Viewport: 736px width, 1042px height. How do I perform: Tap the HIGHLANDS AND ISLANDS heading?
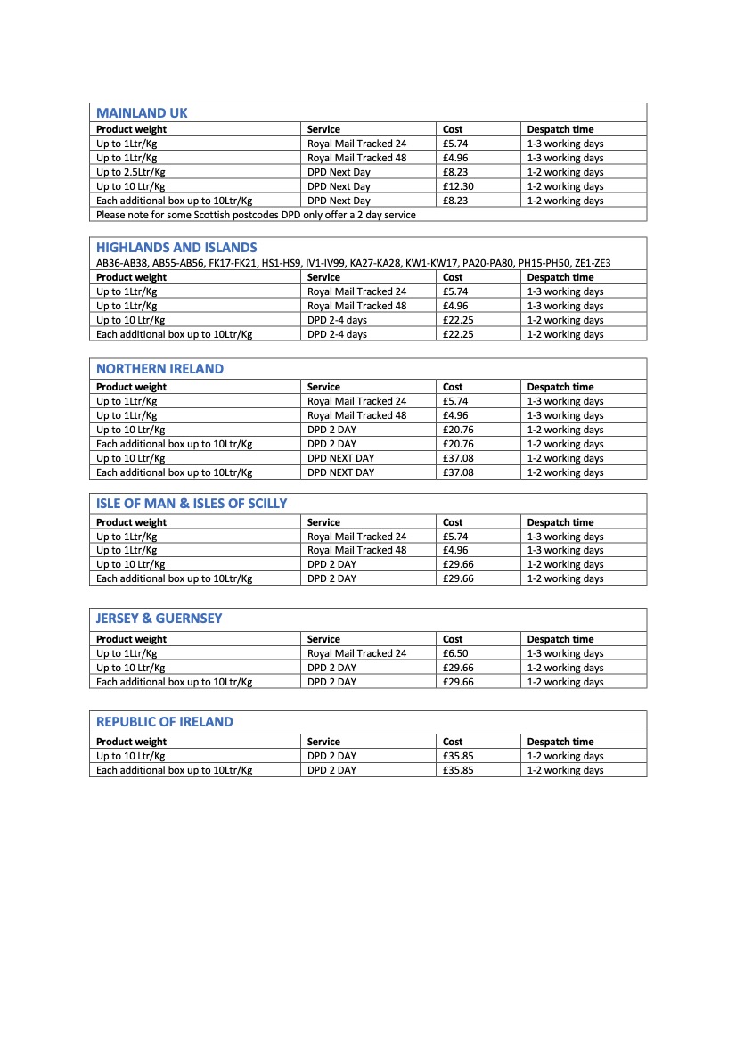[x=176, y=248]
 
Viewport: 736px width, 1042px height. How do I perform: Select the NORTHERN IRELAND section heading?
[x=159, y=369]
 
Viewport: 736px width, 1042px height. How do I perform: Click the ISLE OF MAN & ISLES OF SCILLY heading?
[x=192, y=504]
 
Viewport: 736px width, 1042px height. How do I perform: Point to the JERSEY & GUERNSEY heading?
[x=159, y=619]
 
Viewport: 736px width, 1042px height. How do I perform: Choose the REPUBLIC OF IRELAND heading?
[x=164, y=722]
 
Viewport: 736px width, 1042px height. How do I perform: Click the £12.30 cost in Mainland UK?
[x=458, y=186]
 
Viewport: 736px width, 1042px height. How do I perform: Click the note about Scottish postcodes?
[x=256, y=215]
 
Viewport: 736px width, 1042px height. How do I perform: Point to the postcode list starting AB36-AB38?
[x=353, y=263]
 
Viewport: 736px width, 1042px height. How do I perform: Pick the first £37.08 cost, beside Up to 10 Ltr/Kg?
[x=458, y=458]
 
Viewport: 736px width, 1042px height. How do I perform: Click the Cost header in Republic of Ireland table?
[x=453, y=742]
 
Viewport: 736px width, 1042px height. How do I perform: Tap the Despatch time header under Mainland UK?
[x=560, y=129]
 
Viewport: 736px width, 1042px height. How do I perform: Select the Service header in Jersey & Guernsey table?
[x=323, y=639]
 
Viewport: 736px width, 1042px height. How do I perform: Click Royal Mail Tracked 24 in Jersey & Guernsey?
[x=356, y=653]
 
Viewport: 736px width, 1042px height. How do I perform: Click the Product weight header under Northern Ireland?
[x=131, y=387]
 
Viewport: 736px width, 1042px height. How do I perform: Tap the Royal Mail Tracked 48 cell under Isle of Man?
[x=356, y=550]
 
